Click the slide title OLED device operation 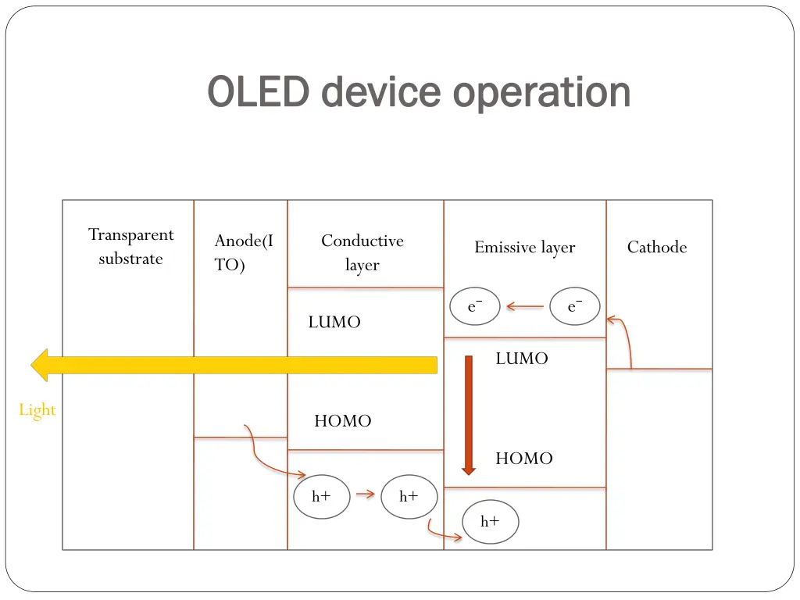pyautogui.click(x=419, y=92)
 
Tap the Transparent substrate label pyautogui.click(x=130, y=247)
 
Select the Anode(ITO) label pyautogui.click(x=243, y=253)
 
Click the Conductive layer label pyautogui.click(x=362, y=252)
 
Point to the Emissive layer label pyautogui.click(x=524, y=248)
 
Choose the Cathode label pyautogui.click(x=656, y=248)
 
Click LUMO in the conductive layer pyautogui.click(x=334, y=323)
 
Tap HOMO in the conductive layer pyautogui.click(x=342, y=421)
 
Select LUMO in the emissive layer pyautogui.click(x=522, y=359)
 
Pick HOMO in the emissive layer pyautogui.click(x=523, y=459)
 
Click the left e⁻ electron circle pyautogui.click(x=475, y=307)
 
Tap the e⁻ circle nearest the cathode pyautogui.click(x=575, y=307)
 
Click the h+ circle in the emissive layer pyautogui.click(x=490, y=522)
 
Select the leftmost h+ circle pyautogui.click(x=321, y=496)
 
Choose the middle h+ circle pyautogui.click(x=409, y=496)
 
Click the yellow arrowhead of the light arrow pyautogui.click(x=41, y=365)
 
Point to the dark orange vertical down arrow pyautogui.click(x=469, y=415)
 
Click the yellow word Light pyautogui.click(x=37, y=410)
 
